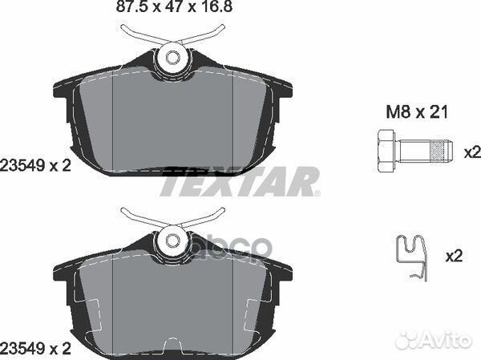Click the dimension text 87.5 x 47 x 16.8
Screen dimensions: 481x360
pos(174,6)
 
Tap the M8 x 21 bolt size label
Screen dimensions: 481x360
pos(417,111)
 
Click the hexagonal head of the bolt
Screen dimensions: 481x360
pos(386,151)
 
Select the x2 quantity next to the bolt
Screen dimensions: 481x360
pos(472,152)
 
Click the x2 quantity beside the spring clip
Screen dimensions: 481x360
pos(454,256)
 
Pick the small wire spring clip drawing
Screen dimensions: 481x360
pos(412,258)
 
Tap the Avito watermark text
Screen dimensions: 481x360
pos(445,340)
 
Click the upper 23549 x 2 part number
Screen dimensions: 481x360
pos(35,166)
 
